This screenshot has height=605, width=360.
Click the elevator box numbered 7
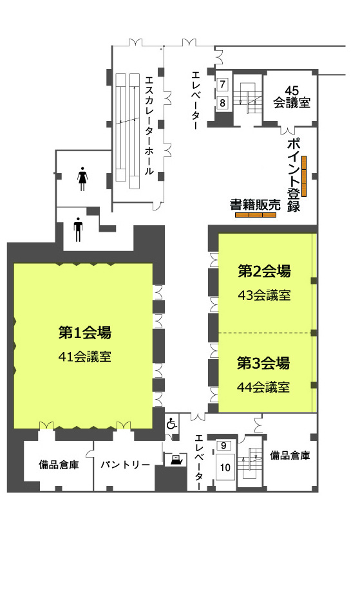tap(222, 84)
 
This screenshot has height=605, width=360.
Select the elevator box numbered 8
tap(222, 102)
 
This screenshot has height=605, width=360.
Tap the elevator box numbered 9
tap(223, 445)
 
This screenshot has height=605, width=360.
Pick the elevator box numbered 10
tap(225, 467)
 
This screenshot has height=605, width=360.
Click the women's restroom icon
tap(82, 179)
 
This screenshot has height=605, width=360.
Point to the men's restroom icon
tap(78, 230)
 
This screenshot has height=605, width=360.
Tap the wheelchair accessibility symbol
tap(172, 424)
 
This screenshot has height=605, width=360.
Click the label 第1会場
tap(85, 333)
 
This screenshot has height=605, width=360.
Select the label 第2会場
tap(264, 272)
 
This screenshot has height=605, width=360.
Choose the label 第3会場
tap(263, 363)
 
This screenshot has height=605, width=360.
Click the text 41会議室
tap(85, 357)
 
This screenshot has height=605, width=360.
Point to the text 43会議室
tap(264, 295)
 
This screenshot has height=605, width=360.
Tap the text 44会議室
tap(263, 387)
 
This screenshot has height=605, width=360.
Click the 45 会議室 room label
tap(292, 97)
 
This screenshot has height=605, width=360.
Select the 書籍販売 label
tap(255, 205)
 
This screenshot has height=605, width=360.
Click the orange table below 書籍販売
tap(256, 215)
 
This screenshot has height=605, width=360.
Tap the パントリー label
tap(126, 465)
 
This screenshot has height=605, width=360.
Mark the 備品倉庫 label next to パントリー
tap(59, 465)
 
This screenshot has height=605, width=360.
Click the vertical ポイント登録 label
tap(294, 174)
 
